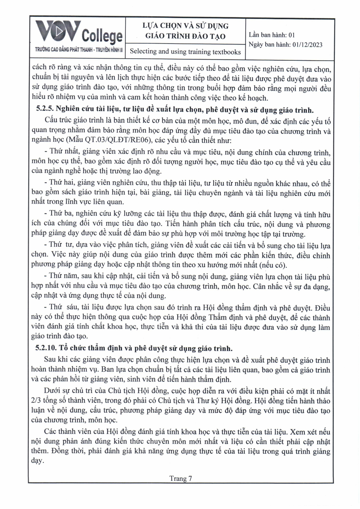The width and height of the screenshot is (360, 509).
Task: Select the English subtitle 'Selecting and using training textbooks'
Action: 185,52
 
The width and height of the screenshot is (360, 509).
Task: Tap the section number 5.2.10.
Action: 47,348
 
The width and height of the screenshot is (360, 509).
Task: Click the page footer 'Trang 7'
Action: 181,478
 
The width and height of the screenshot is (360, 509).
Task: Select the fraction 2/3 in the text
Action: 36,401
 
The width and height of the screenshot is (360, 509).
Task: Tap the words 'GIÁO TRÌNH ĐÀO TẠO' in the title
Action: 185,36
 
